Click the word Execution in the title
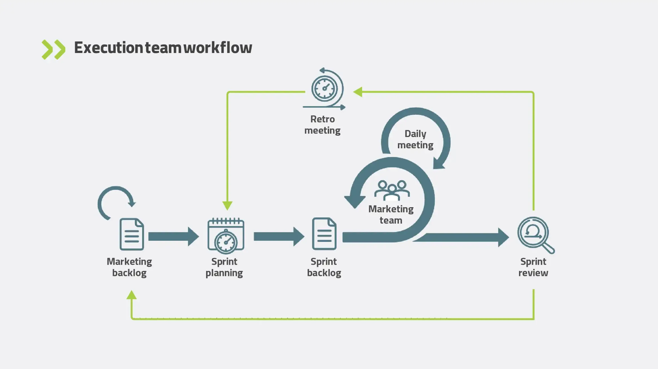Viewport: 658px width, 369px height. click(x=109, y=48)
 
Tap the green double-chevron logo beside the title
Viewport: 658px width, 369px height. click(x=53, y=50)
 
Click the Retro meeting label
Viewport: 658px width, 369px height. click(x=322, y=125)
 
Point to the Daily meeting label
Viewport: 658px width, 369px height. click(x=415, y=139)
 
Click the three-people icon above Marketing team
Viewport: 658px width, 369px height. click(x=392, y=190)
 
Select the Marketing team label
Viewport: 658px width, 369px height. click(x=391, y=215)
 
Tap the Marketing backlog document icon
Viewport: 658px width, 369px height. click(x=132, y=234)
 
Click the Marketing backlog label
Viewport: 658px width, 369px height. click(x=129, y=267)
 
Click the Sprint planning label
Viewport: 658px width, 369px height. click(x=224, y=267)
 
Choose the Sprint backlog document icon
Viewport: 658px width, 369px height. click(x=324, y=234)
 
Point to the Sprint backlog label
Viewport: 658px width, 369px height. click(x=324, y=267)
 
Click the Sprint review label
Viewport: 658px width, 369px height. click(x=533, y=267)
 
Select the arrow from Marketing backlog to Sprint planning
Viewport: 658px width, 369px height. click(x=173, y=237)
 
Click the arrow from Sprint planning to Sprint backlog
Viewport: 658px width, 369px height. click(x=279, y=237)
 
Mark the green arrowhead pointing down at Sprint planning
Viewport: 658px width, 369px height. click(x=227, y=205)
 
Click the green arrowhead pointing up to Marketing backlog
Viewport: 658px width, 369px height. click(x=131, y=295)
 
